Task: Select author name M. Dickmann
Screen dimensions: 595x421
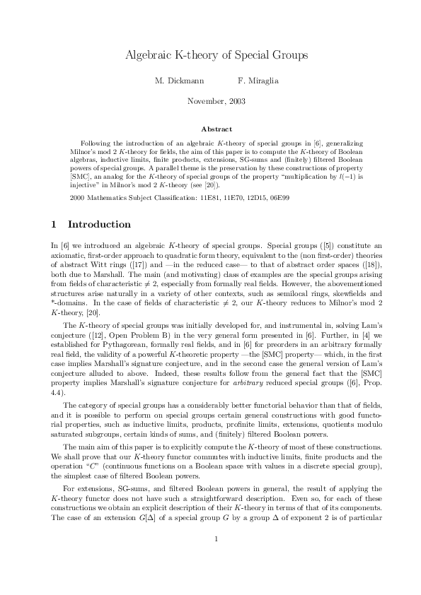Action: tap(175, 81)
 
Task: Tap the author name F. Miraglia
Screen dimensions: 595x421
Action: tap(258, 81)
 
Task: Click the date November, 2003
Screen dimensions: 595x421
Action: tap(216, 102)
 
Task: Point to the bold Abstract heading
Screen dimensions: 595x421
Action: tap(216, 129)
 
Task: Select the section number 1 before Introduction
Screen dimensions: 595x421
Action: tap(54, 225)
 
